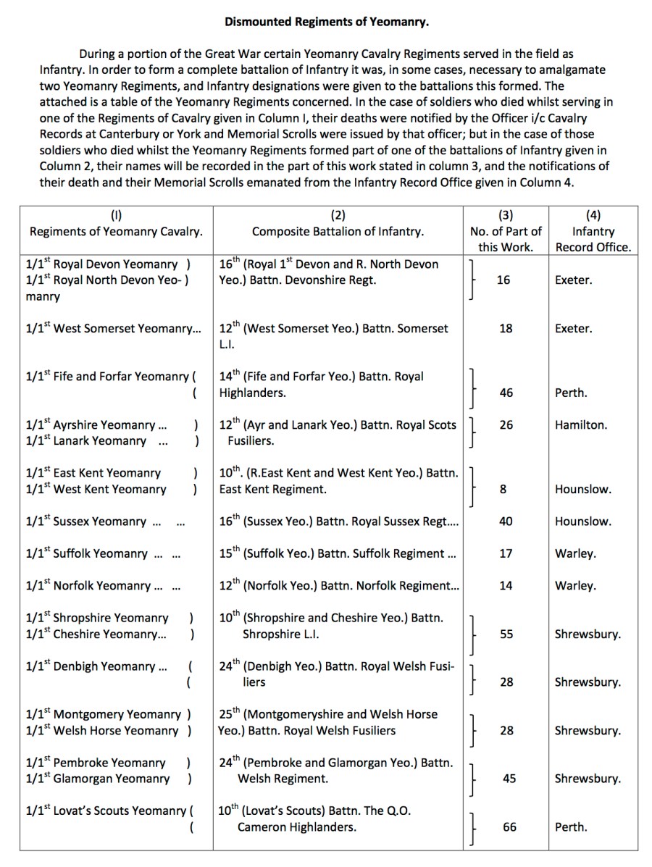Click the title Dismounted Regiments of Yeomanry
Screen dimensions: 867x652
click(x=326, y=22)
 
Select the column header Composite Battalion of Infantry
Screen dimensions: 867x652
click(x=338, y=232)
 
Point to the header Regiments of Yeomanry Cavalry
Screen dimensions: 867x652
click(x=116, y=232)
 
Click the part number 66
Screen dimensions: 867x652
click(x=509, y=827)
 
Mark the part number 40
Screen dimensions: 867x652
click(x=506, y=522)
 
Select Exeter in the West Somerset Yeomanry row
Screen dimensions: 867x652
click(x=573, y=329)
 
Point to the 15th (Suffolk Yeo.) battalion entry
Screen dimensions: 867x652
click(x=338, y=553)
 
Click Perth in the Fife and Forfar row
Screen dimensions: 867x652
click(x=571, y=393)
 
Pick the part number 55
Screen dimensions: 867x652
click(x=506, y=634)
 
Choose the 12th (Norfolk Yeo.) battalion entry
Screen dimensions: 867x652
click(x=339, y=586)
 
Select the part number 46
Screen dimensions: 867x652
click(x=506, y=393)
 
